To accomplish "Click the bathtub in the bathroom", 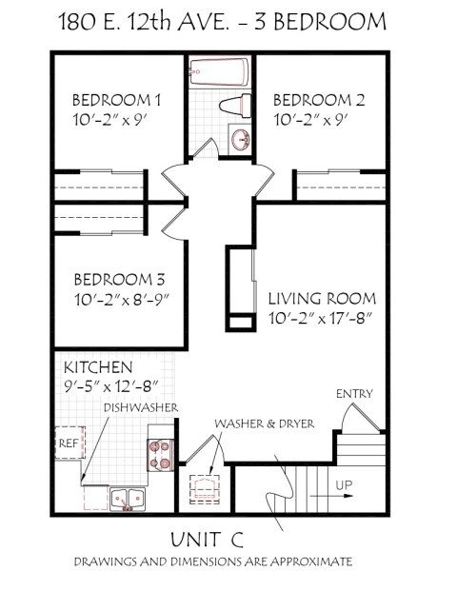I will (219, 72).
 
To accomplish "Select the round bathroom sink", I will (241, 140).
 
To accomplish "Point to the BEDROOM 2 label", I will (316, 100).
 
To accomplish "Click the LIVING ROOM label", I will (321, 298).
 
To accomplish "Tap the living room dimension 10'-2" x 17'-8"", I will (321, 318).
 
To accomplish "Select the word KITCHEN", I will (98, 367).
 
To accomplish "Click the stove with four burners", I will (158, 454).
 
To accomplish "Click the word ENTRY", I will (354, 394).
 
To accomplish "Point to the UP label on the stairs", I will (345, 484).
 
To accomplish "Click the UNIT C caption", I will (207, 540).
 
